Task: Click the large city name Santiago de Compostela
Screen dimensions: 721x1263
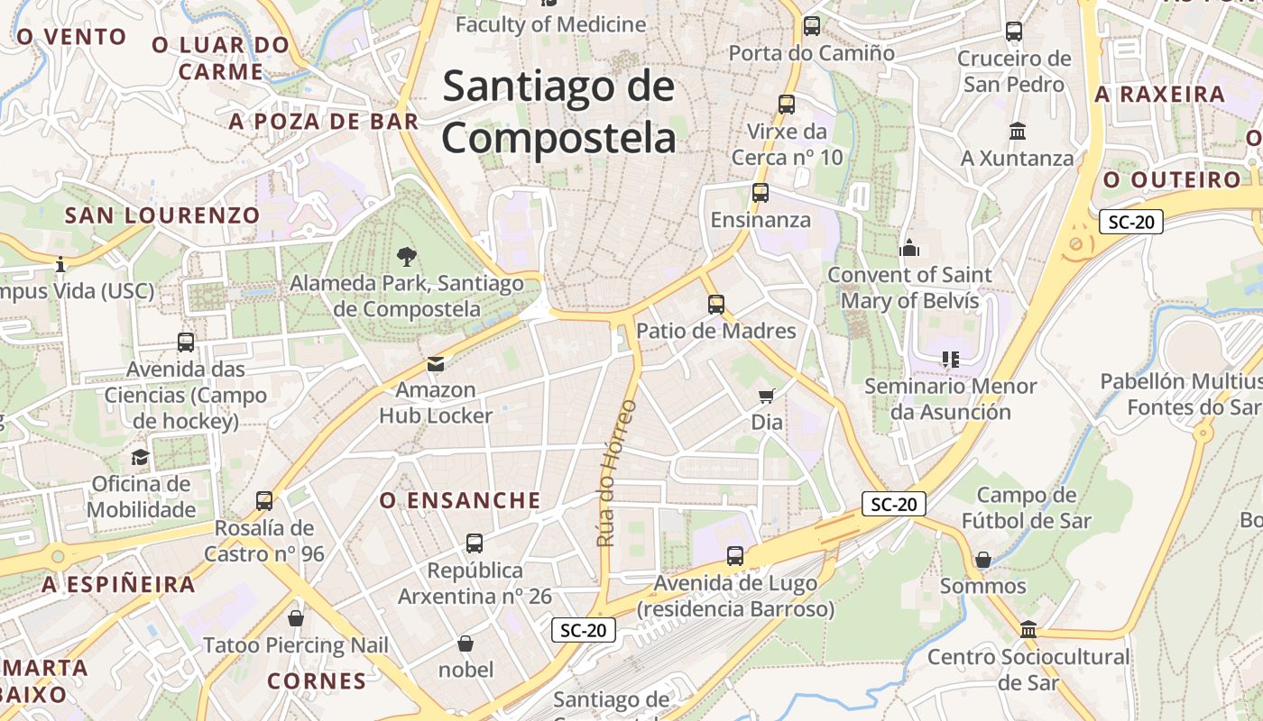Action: (558, 113)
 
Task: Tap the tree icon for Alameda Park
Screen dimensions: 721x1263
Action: (407, 257)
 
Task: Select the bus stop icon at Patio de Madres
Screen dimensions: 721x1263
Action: (716, 305)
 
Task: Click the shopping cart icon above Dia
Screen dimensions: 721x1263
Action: (767, 396)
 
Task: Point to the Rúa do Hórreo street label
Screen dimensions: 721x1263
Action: (617, 473)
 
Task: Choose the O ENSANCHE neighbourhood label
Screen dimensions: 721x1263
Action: (460, 500)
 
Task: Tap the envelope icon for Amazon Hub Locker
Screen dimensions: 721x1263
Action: (436, 363)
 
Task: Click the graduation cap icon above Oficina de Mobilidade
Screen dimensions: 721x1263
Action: (140, 457)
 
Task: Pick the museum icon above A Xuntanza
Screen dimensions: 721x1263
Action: (1018, 132)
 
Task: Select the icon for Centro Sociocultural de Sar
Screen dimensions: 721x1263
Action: (1028, 630)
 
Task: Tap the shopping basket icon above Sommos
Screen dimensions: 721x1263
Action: (983, 560)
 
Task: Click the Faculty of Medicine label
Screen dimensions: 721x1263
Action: (550, 24)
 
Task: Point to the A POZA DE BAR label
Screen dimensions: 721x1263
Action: (324, 122)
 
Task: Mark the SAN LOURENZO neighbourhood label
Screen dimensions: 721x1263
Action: (162, 215)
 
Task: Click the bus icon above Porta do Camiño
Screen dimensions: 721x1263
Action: (812, 26)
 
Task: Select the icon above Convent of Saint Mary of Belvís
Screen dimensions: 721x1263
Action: (909, 248)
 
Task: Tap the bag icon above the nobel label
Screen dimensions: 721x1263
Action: (466, 643)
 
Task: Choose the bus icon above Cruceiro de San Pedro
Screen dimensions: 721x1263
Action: (1014, 32)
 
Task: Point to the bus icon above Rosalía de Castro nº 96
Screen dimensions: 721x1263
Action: (264, 501)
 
